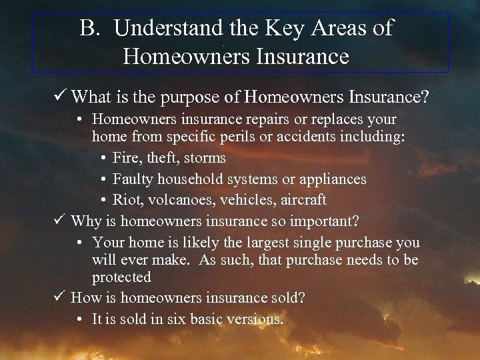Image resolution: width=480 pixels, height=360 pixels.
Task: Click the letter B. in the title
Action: pos(89,28)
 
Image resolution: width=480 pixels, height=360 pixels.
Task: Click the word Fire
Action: pos(127,159)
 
